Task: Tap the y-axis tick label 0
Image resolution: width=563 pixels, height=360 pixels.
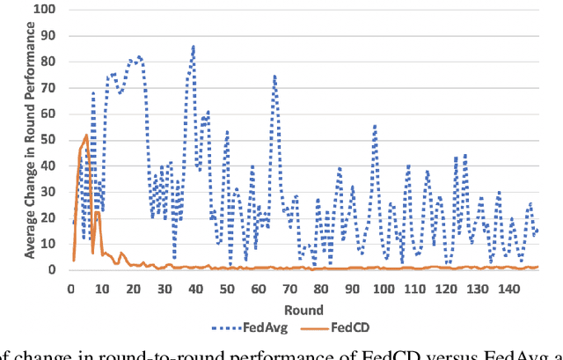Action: point(55,270)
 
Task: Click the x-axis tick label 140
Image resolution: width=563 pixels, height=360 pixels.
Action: point(505,288)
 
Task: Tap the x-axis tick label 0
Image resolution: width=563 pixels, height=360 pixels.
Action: point(70,288)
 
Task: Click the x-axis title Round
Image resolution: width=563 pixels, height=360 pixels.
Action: point(303,310)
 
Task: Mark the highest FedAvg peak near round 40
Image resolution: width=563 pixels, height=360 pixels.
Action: point(194,46)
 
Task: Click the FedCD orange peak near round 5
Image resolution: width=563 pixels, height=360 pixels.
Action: point(86,136)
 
